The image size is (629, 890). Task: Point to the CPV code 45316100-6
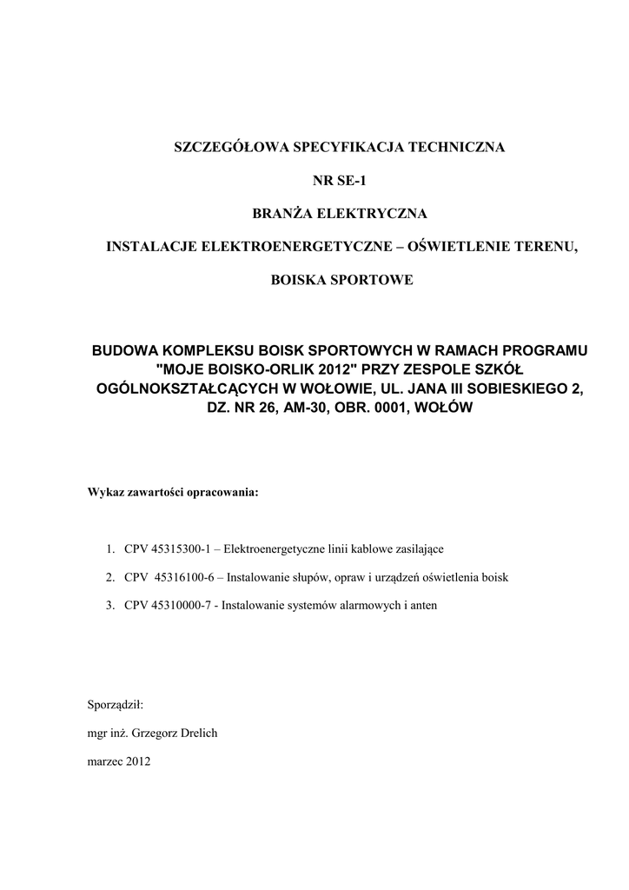click(182, 577)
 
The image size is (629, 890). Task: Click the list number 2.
click(110, 577)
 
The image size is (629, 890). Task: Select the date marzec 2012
click(120, 761)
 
